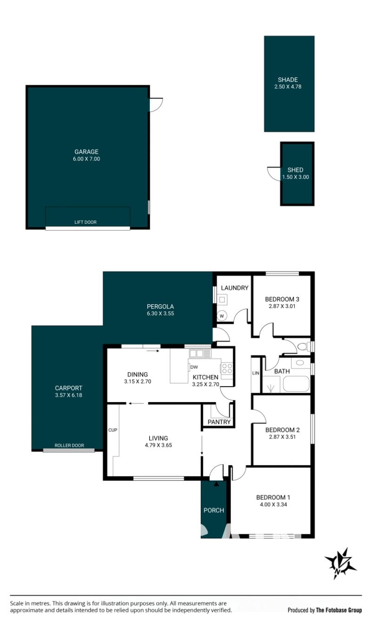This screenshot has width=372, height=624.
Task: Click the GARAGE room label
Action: [86, 152]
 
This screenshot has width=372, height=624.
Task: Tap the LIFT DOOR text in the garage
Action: [86, 222]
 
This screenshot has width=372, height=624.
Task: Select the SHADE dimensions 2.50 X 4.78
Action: [288, 87]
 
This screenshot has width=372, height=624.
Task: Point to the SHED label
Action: [295, 170]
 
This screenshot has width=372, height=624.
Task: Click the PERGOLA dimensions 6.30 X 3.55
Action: [160, 313]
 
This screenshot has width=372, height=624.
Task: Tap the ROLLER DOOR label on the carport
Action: [69, 445]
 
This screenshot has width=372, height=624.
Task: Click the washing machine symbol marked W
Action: [222, 316]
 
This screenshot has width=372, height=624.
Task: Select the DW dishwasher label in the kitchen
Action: [194, 367]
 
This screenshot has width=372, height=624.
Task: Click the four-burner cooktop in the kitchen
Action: [226, 368]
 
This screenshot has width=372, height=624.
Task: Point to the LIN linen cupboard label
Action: [256, 373]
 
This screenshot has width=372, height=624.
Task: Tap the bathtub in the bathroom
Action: [296, 384]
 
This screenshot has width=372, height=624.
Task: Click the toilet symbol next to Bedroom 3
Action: [304, 347]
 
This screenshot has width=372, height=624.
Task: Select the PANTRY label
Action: [219, 422]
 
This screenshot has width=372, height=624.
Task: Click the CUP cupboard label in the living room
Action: [113, 430]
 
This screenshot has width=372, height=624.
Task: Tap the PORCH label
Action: [214, 510]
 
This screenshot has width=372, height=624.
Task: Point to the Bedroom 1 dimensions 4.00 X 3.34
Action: [273, 504]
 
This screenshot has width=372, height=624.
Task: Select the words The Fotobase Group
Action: [339, 611]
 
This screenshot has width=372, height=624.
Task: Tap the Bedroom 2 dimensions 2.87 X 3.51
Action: [282, 437]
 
